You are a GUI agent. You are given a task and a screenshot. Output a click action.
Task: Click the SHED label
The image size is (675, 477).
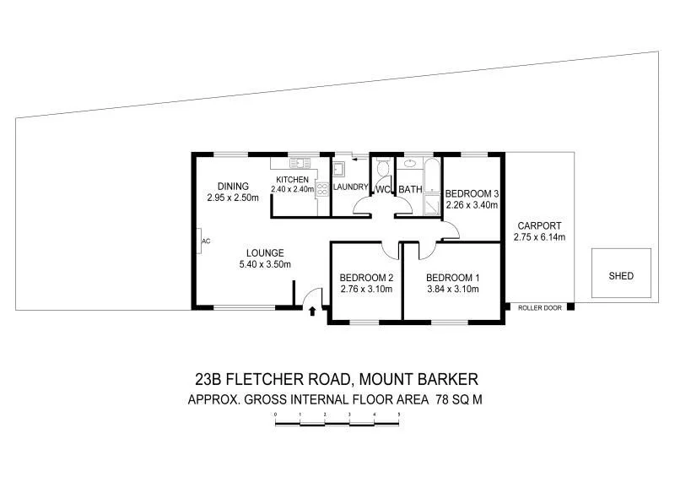(620, 276)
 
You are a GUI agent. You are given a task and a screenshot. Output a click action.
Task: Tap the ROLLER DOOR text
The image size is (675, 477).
(540, 308)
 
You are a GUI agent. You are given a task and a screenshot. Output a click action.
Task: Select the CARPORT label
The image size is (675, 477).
(539, 225)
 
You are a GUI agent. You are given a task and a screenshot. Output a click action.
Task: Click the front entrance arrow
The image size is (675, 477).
(312, 311)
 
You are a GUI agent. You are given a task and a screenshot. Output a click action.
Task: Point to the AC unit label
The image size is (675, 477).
(205, 241)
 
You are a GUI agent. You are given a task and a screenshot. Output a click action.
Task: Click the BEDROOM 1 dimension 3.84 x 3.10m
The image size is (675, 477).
(452, 290)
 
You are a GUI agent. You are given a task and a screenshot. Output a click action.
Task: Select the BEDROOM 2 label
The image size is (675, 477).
(367, 278)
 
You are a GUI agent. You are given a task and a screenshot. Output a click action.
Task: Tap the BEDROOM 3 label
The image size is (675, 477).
(472, 192)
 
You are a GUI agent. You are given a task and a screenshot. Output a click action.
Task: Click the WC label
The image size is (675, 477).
(383, 189)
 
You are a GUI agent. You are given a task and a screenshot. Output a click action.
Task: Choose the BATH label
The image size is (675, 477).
(410, 189)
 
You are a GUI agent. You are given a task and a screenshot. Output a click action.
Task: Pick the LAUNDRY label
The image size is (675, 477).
(349, 187)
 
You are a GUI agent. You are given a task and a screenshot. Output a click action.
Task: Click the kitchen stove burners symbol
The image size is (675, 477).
(321, 189)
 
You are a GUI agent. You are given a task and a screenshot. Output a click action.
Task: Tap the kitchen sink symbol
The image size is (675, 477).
(296, 162)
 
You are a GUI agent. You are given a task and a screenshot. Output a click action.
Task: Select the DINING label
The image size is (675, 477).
(233, 187)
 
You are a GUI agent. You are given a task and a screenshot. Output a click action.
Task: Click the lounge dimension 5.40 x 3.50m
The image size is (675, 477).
(264, 264)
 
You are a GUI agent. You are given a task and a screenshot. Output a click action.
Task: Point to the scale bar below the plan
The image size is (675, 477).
(337, 424)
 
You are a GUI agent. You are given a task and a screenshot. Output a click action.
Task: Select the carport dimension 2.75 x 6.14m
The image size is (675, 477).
(539, 237)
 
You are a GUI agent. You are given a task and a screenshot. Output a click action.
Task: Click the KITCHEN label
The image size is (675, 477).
(292, 180)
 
